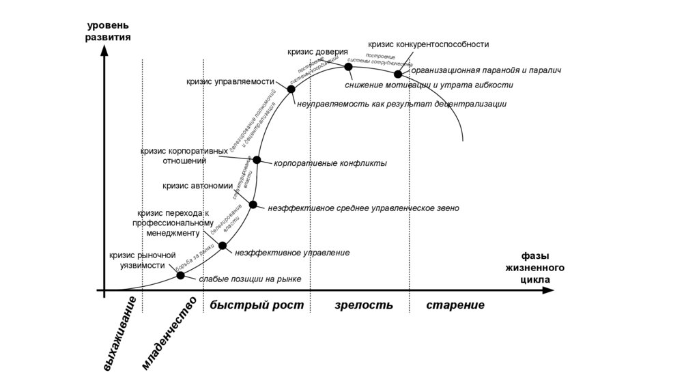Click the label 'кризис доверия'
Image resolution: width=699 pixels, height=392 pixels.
317,51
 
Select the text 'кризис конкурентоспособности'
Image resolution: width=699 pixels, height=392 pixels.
428,44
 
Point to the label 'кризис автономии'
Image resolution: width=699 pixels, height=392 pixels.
197,185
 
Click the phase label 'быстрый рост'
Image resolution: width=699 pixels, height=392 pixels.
256,305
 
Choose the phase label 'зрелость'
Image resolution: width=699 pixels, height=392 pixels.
364,305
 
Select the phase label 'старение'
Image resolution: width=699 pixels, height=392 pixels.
455,305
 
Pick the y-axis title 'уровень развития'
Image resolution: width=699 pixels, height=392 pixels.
108,31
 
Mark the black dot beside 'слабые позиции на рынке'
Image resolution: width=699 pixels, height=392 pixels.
181,275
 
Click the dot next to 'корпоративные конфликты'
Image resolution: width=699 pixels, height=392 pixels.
257,160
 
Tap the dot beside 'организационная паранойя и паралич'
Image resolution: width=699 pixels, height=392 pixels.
398,74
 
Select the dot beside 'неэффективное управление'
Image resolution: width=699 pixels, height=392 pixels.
223,245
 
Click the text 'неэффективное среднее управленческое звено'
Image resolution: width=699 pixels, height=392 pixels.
363,208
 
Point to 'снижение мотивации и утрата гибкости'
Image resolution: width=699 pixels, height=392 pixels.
429,85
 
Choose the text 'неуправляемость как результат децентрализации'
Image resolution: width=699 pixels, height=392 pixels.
401,104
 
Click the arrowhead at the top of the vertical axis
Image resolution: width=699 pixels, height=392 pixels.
104,53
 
